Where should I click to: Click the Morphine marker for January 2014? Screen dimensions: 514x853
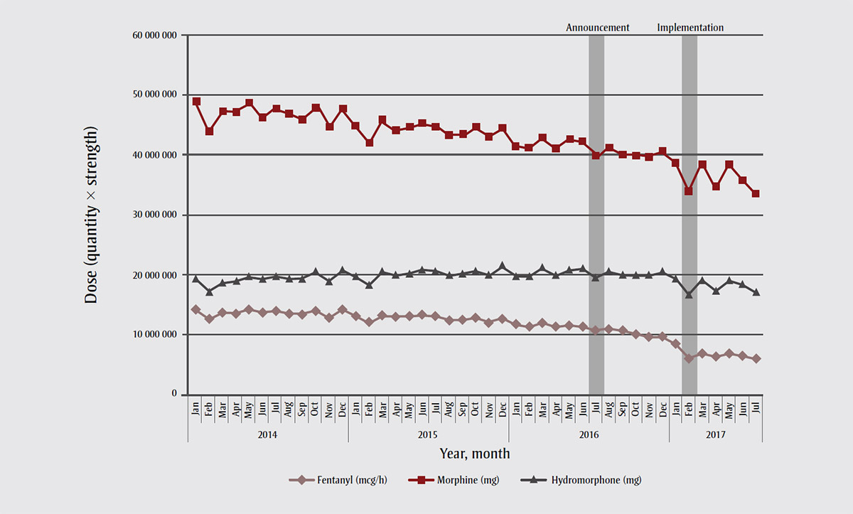195,102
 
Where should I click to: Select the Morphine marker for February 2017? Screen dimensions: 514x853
689,191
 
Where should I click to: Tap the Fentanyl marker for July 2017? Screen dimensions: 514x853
756,358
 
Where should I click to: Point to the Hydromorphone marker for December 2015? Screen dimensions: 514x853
503,266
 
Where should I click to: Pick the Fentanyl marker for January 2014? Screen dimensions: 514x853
195,309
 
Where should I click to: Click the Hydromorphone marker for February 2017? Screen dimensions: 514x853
689,294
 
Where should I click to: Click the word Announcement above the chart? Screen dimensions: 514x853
597,28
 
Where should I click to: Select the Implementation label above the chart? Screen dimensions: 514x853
690,28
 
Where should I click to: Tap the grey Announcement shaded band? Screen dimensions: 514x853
596,213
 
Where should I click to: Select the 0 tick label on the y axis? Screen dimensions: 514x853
173,395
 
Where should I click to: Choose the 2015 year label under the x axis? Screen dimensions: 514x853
428,434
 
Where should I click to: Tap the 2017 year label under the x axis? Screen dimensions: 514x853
715,434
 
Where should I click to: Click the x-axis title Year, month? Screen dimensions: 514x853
474,453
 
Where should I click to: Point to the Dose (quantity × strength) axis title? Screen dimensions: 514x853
91,215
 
